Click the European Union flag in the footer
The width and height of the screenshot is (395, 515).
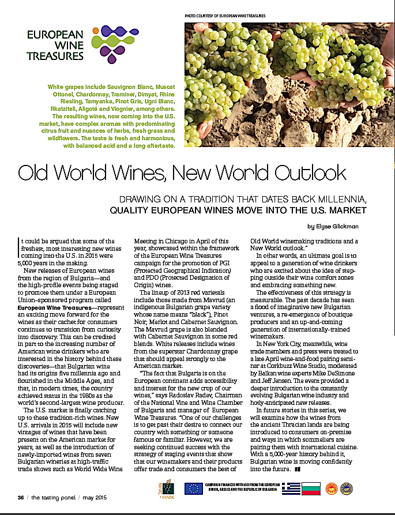pos(194,488)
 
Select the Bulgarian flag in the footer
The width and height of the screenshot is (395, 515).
pos(309,489)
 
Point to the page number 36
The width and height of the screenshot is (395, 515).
pos(20,497)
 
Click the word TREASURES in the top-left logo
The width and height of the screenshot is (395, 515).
pos(55,57)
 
